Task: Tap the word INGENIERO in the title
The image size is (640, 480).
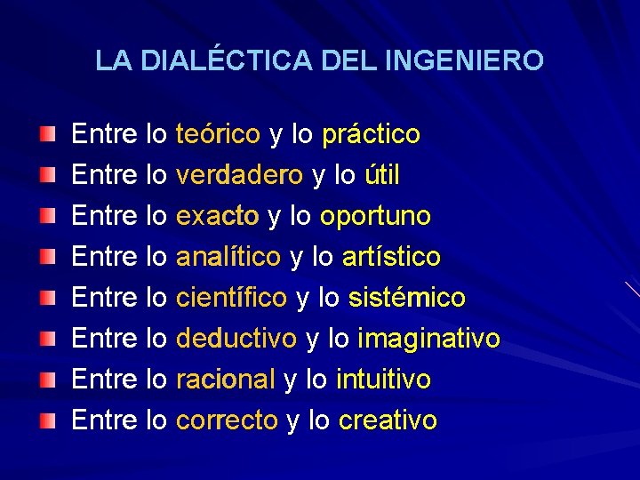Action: pyautogui.click(x=466, y=60)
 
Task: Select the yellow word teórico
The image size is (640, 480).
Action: pyautogui.click(x=218, y=135)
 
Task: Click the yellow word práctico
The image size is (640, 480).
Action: pyautogui.click(x=371, y=135)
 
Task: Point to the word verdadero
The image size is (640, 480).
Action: pyautogui.click(x=239, y=176)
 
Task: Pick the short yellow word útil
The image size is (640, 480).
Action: pyautogui.click(x=382, y=176)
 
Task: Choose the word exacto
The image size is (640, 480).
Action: pyautogui.click(x=218, y=217)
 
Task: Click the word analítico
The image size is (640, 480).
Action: pyautogui.click(x=228, y=258)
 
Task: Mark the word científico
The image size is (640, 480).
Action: pyautogui.click(x=231, y=298)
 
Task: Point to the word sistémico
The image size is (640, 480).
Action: pyautogui.click(x=406, y=298)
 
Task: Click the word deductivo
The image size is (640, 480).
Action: pyautogui.click(x=236, y=339)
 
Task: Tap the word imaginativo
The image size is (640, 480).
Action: pyautogui.click(x=428, y=339)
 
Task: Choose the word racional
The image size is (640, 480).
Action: pyautogui.click(x=226, y=380)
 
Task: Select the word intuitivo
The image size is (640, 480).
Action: pyautogui.click(x=383, y=380)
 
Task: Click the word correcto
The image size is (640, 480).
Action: pyautogui.click(x=227, y=420)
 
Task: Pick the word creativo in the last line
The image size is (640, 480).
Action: pyautogui.click(x=388, y=420)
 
